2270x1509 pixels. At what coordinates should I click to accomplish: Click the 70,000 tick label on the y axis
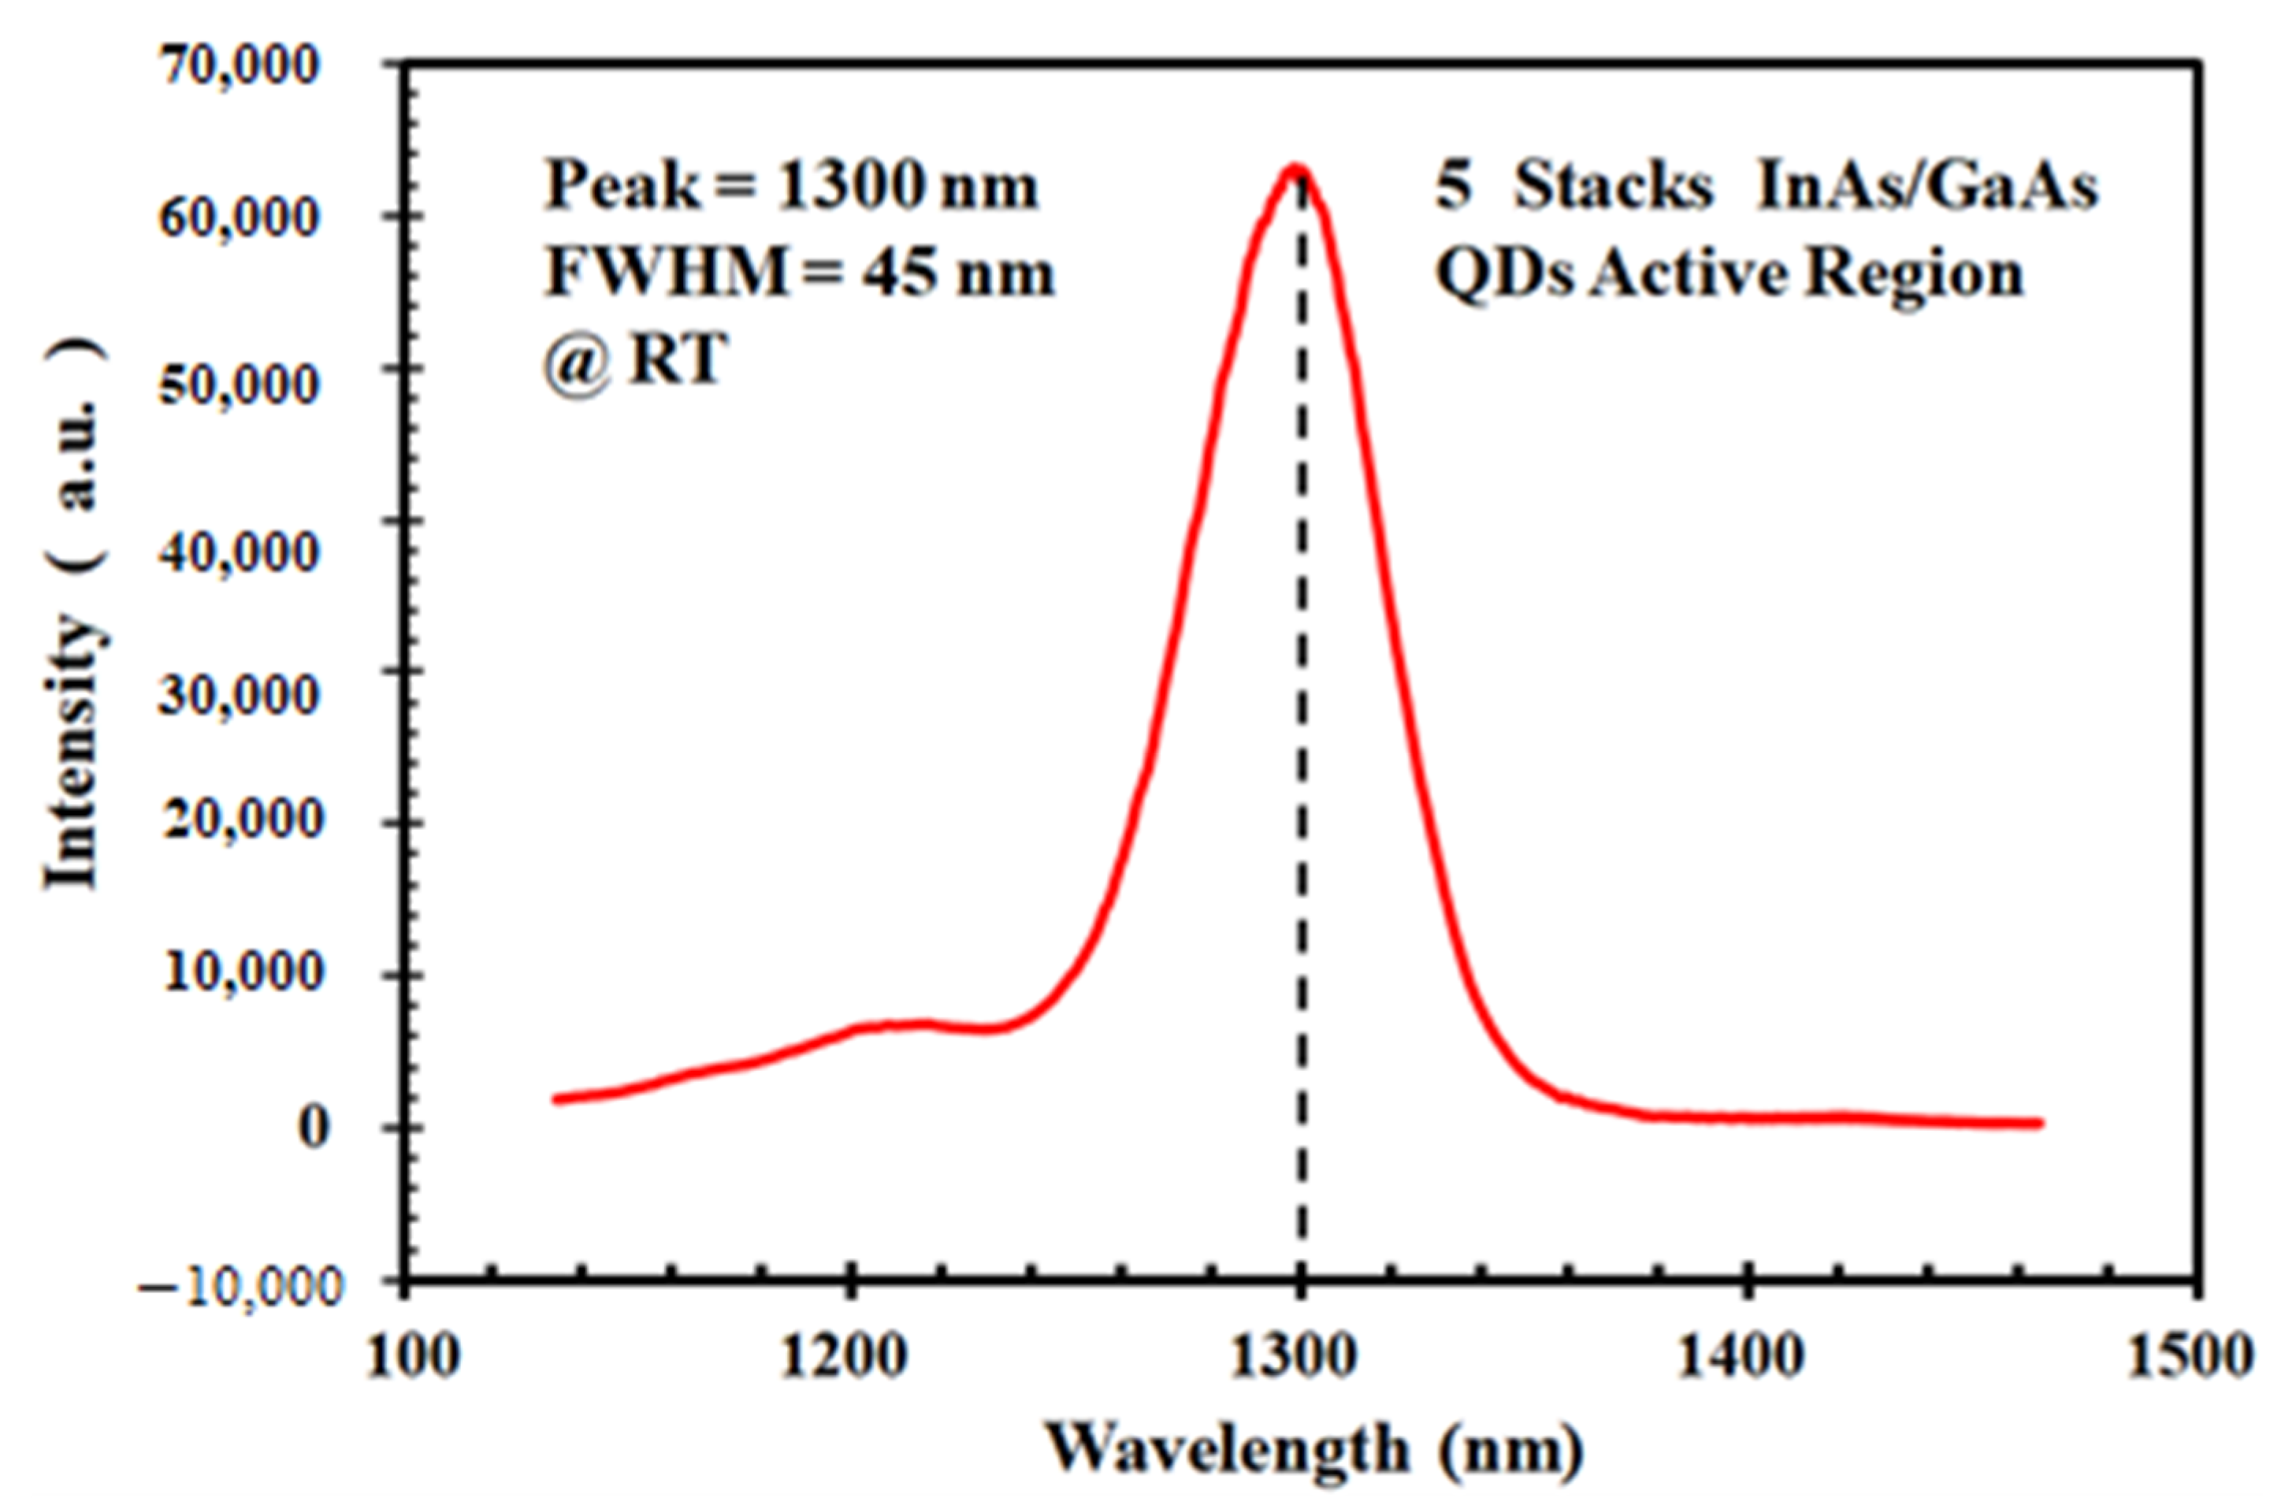[238, 65]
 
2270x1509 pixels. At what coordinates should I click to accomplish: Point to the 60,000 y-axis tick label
[238, 217]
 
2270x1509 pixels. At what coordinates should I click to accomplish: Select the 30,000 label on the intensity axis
[238, 692]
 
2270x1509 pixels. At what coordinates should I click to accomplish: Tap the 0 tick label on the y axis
[314, 1126]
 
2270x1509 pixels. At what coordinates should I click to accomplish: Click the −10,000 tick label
[240, 1286]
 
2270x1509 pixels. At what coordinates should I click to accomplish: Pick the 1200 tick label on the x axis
[844, 1356]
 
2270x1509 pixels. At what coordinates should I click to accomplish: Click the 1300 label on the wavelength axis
[1295, 1356]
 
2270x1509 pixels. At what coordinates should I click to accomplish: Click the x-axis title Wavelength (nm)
[1314, 1449]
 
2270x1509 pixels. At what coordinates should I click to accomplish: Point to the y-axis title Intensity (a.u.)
[75, 616]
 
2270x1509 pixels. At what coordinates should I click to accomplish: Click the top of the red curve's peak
[1296, 169]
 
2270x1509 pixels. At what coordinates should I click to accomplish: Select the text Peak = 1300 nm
[792, 184]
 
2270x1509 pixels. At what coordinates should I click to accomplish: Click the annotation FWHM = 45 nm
[800, 273]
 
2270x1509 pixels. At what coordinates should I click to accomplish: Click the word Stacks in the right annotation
[1613, 184]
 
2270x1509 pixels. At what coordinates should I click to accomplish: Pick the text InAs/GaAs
[1926, 184]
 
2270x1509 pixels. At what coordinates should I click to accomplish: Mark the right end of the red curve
[2038, 1123]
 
